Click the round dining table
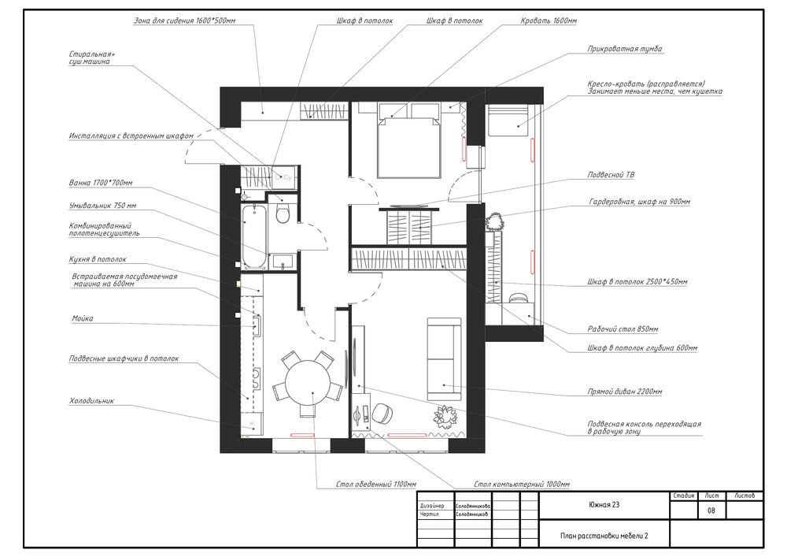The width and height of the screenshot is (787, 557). click(309, 380)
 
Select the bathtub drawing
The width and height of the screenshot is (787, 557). click(254, 236)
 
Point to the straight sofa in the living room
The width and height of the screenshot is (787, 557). click(444, 358)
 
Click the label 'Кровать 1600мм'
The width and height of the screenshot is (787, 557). click(549, 21)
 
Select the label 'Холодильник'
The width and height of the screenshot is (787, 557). click(92, 401)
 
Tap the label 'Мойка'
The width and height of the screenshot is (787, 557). click(83, 318)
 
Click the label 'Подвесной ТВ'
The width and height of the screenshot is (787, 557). click(611, 175)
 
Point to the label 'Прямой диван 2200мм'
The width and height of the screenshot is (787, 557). click(625, 392)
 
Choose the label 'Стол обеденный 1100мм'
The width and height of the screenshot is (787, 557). click(376, 485)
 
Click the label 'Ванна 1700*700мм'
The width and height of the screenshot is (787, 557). click(101, 183)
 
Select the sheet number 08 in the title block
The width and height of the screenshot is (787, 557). click(711, 511)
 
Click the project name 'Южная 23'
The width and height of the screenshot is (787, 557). click(604, 505)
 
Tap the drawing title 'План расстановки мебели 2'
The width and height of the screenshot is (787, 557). click(604, 536)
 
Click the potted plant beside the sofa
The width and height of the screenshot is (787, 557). click(445, 416)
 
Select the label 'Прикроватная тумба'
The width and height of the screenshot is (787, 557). click(625, 49)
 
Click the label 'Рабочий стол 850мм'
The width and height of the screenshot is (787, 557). click(623, 329)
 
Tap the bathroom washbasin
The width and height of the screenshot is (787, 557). click(283, 262)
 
